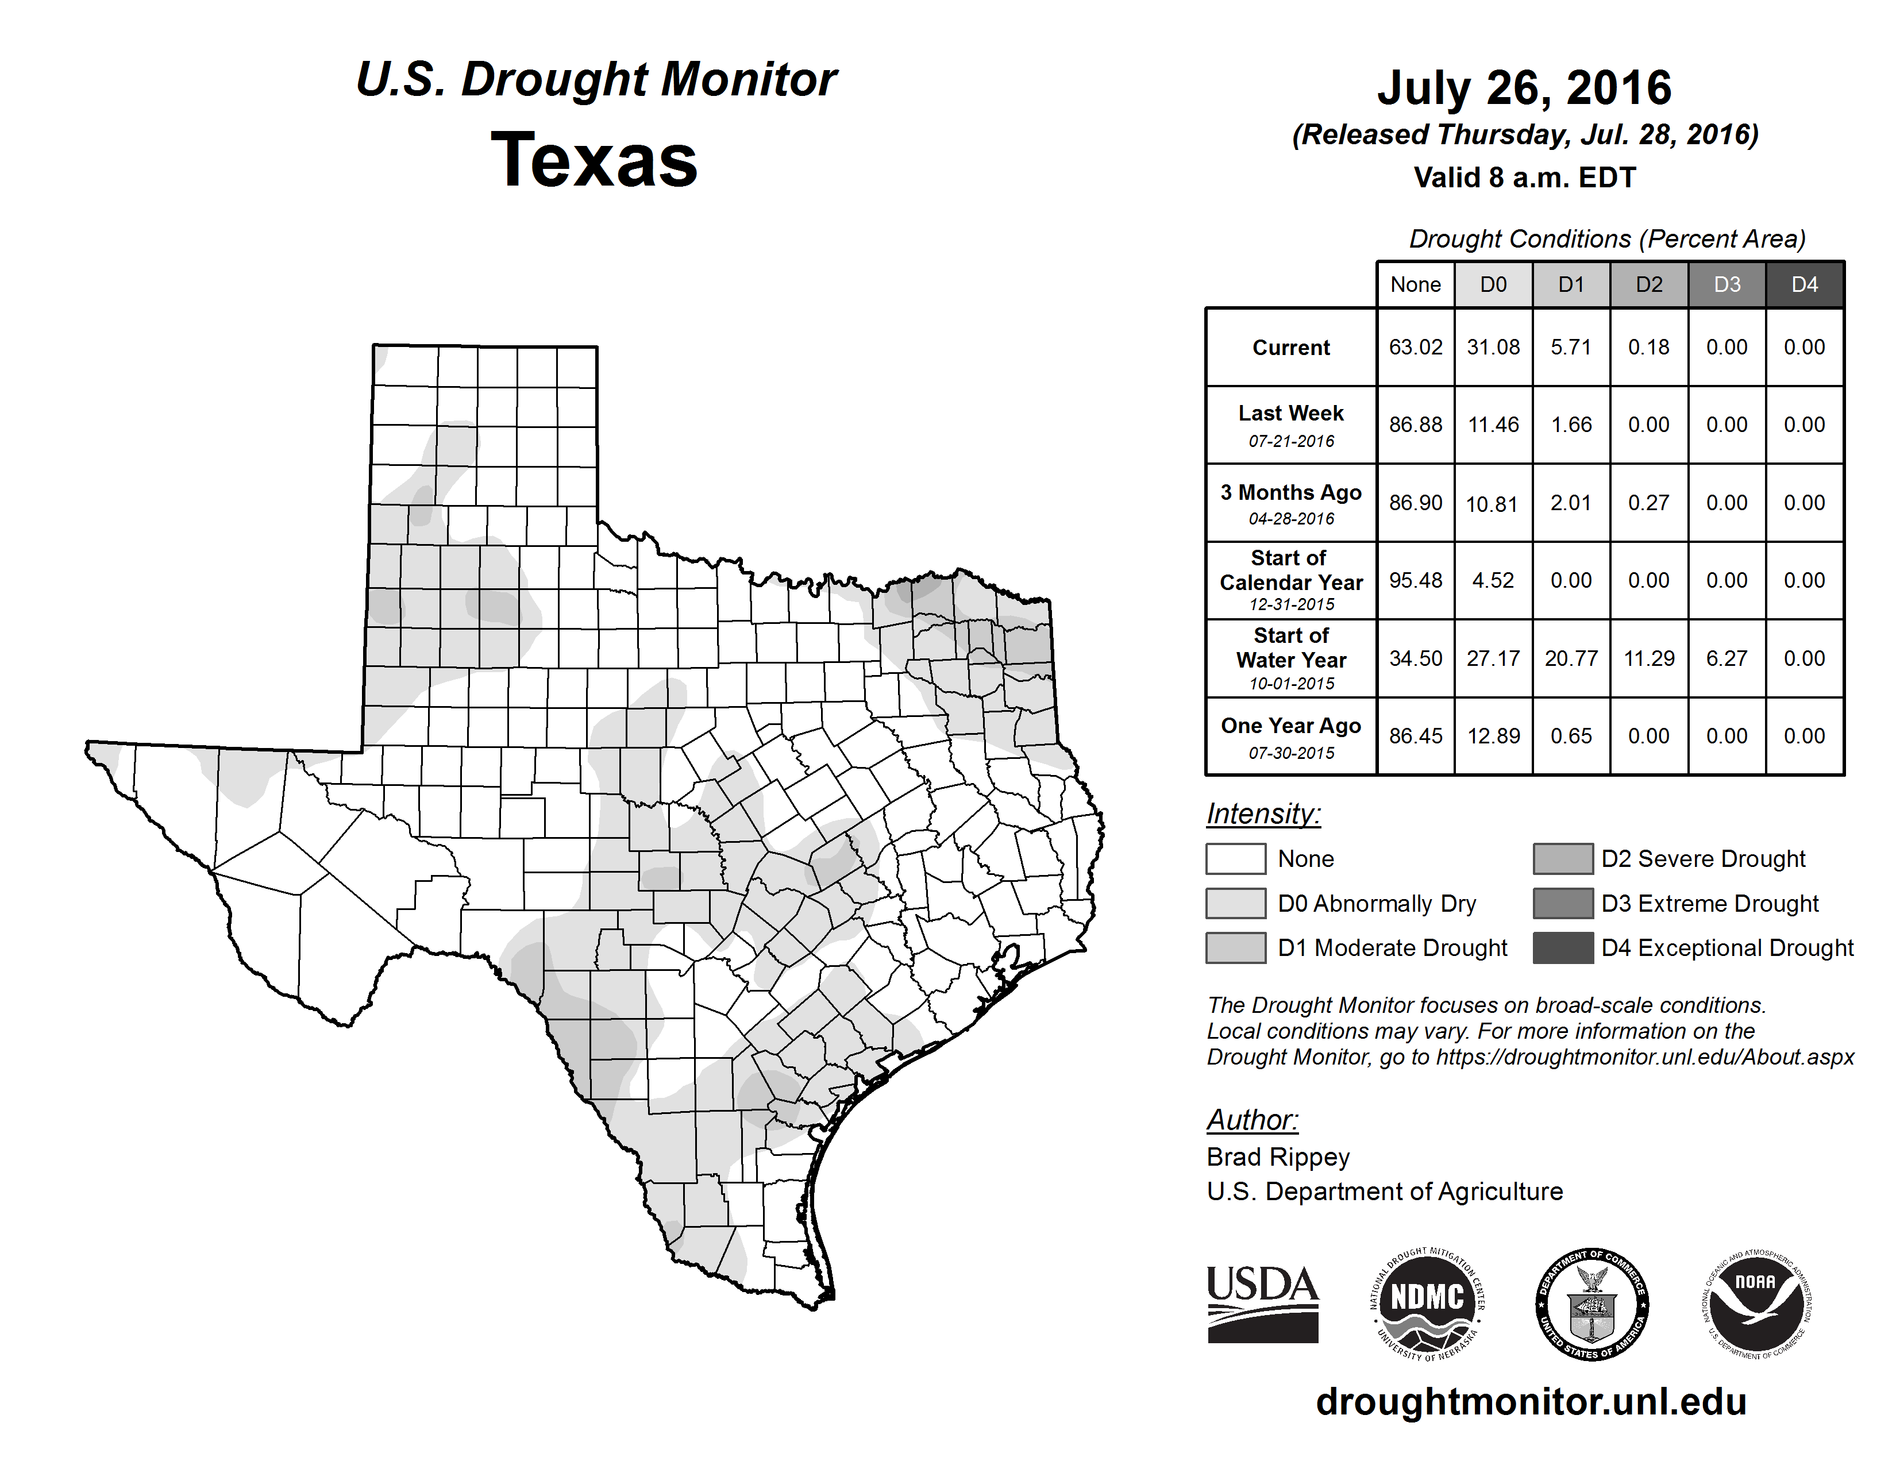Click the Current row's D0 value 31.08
pyautogui.click(x=1493, y=347)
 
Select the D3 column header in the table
pyautogui.click(x=1727, y=284)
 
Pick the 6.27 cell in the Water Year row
pyautogui.click(x=1727, y=659)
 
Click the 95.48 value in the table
pyautogui.click(x=1415, y=581)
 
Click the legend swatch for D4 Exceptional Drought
pyautogui.click(x=1563, y=948)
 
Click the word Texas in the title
pyautogui.click(x=594, y=160)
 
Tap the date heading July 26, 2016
pyautogui.click(x=1524, y=88)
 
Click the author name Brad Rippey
pyautogui.click(x=1278, y=1157)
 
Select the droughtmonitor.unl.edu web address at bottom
pyautogui.click(x=1531, y=1402)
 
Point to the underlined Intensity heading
pyautogui.click(x=1263, y=814)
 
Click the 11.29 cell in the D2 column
pyautogui.click(x=1648, y=659)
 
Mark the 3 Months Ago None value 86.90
pyautogui.click(x=1415, y=503)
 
